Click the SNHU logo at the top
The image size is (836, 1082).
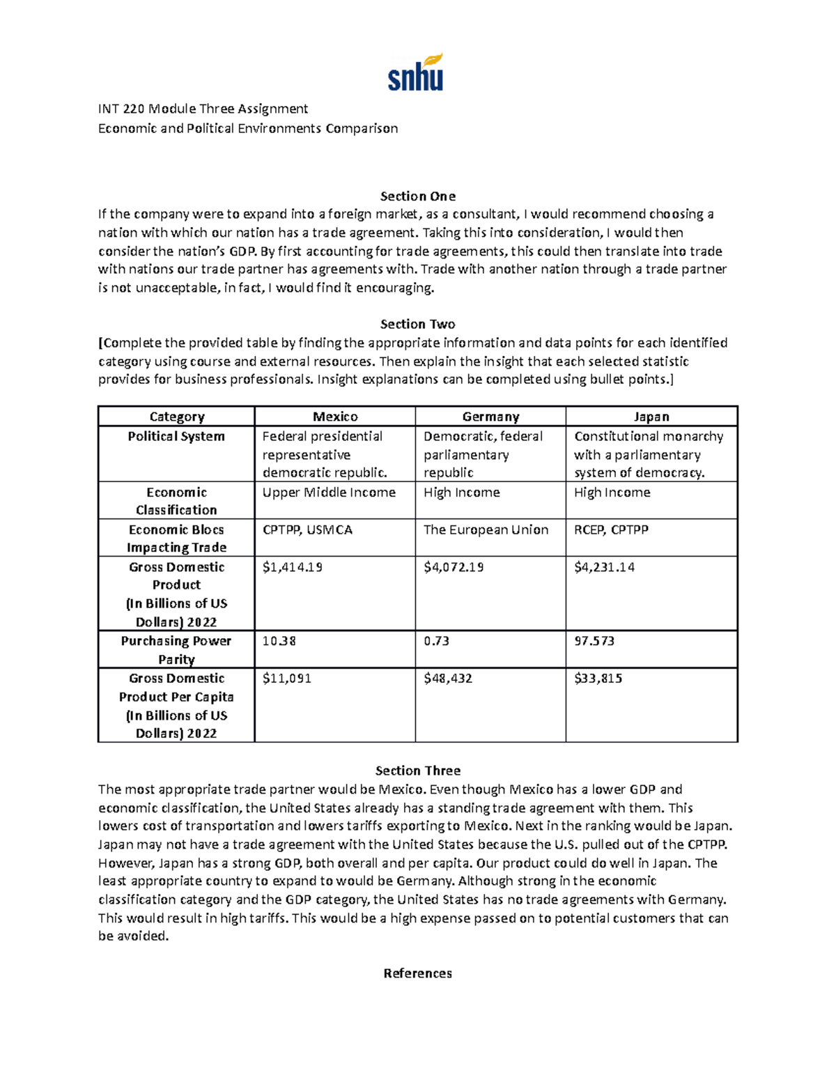click(x=416, y=72)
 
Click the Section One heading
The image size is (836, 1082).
click(x=417, y=196)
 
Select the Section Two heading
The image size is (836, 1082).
click(x=417, y=324)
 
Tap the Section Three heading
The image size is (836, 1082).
click(x=417, y=771)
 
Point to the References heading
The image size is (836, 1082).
click(x=417, y=973)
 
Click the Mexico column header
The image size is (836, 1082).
click(x=335, y=417)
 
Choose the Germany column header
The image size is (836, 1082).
click(x=490, y=417)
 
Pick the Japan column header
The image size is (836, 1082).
click(x=651, y=417)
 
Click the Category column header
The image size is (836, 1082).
click(x=176, y=417)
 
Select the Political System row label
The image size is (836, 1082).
click(x=176, y=436)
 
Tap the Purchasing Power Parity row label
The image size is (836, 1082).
click(x=176, y=650)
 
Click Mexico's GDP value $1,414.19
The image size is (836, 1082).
click(x=293, y=567)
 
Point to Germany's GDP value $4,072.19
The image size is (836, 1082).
click(x=454, y=567)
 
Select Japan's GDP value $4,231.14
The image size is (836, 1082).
click(x=605, y=567)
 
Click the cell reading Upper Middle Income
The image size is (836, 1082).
click(x=329, y=493)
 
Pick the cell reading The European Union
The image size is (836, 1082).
click(x=486, y=530)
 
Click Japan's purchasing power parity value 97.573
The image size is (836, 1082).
click(x=594, y=641)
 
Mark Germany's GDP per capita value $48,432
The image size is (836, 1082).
click(x=448, y=679)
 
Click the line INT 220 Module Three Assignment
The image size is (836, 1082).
click(x=203, y=109)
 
